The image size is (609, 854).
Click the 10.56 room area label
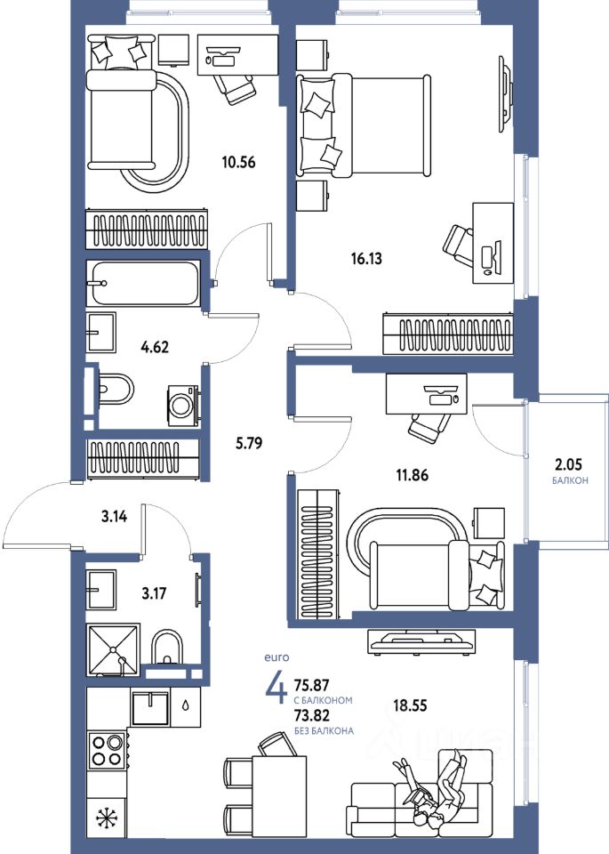pos(238,162)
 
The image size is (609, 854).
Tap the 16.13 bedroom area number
pos(366,259)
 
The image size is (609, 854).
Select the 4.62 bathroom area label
pos(155,346)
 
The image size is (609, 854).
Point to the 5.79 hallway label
pos(248,443)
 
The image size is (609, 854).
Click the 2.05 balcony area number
pos(567,464)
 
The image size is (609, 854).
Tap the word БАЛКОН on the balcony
pos(570,481)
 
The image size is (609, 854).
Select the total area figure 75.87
pos(312,685)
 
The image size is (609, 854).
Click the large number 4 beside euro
pos(276,689)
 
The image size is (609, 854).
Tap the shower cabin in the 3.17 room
pos(113,649)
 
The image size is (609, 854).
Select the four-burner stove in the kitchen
pos(108,750)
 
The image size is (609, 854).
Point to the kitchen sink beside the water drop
pos(150,708)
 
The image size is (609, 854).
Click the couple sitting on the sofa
pos(433,788)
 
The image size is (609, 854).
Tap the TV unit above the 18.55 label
pos(421,641)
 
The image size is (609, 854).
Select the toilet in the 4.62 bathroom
pos(115,389)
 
